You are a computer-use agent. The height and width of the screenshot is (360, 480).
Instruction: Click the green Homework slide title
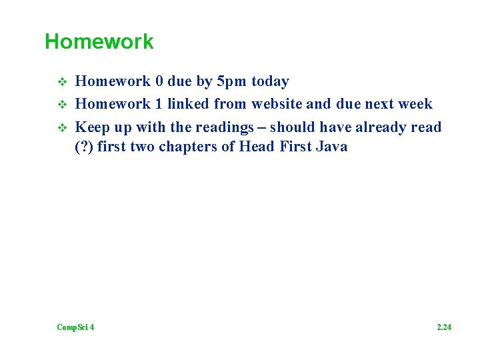coord(99,42)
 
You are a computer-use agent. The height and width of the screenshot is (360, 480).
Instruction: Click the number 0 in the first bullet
coord(159,82)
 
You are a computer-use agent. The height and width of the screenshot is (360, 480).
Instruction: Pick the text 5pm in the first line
coord(228,82)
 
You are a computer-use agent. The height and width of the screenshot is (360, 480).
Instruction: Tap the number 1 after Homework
coord(159,104)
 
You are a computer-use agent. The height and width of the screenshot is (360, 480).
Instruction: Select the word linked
coord(189,104)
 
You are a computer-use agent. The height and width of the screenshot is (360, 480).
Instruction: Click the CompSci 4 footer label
coord(75,327)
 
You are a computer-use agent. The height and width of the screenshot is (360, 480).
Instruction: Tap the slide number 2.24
coord(444,327)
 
